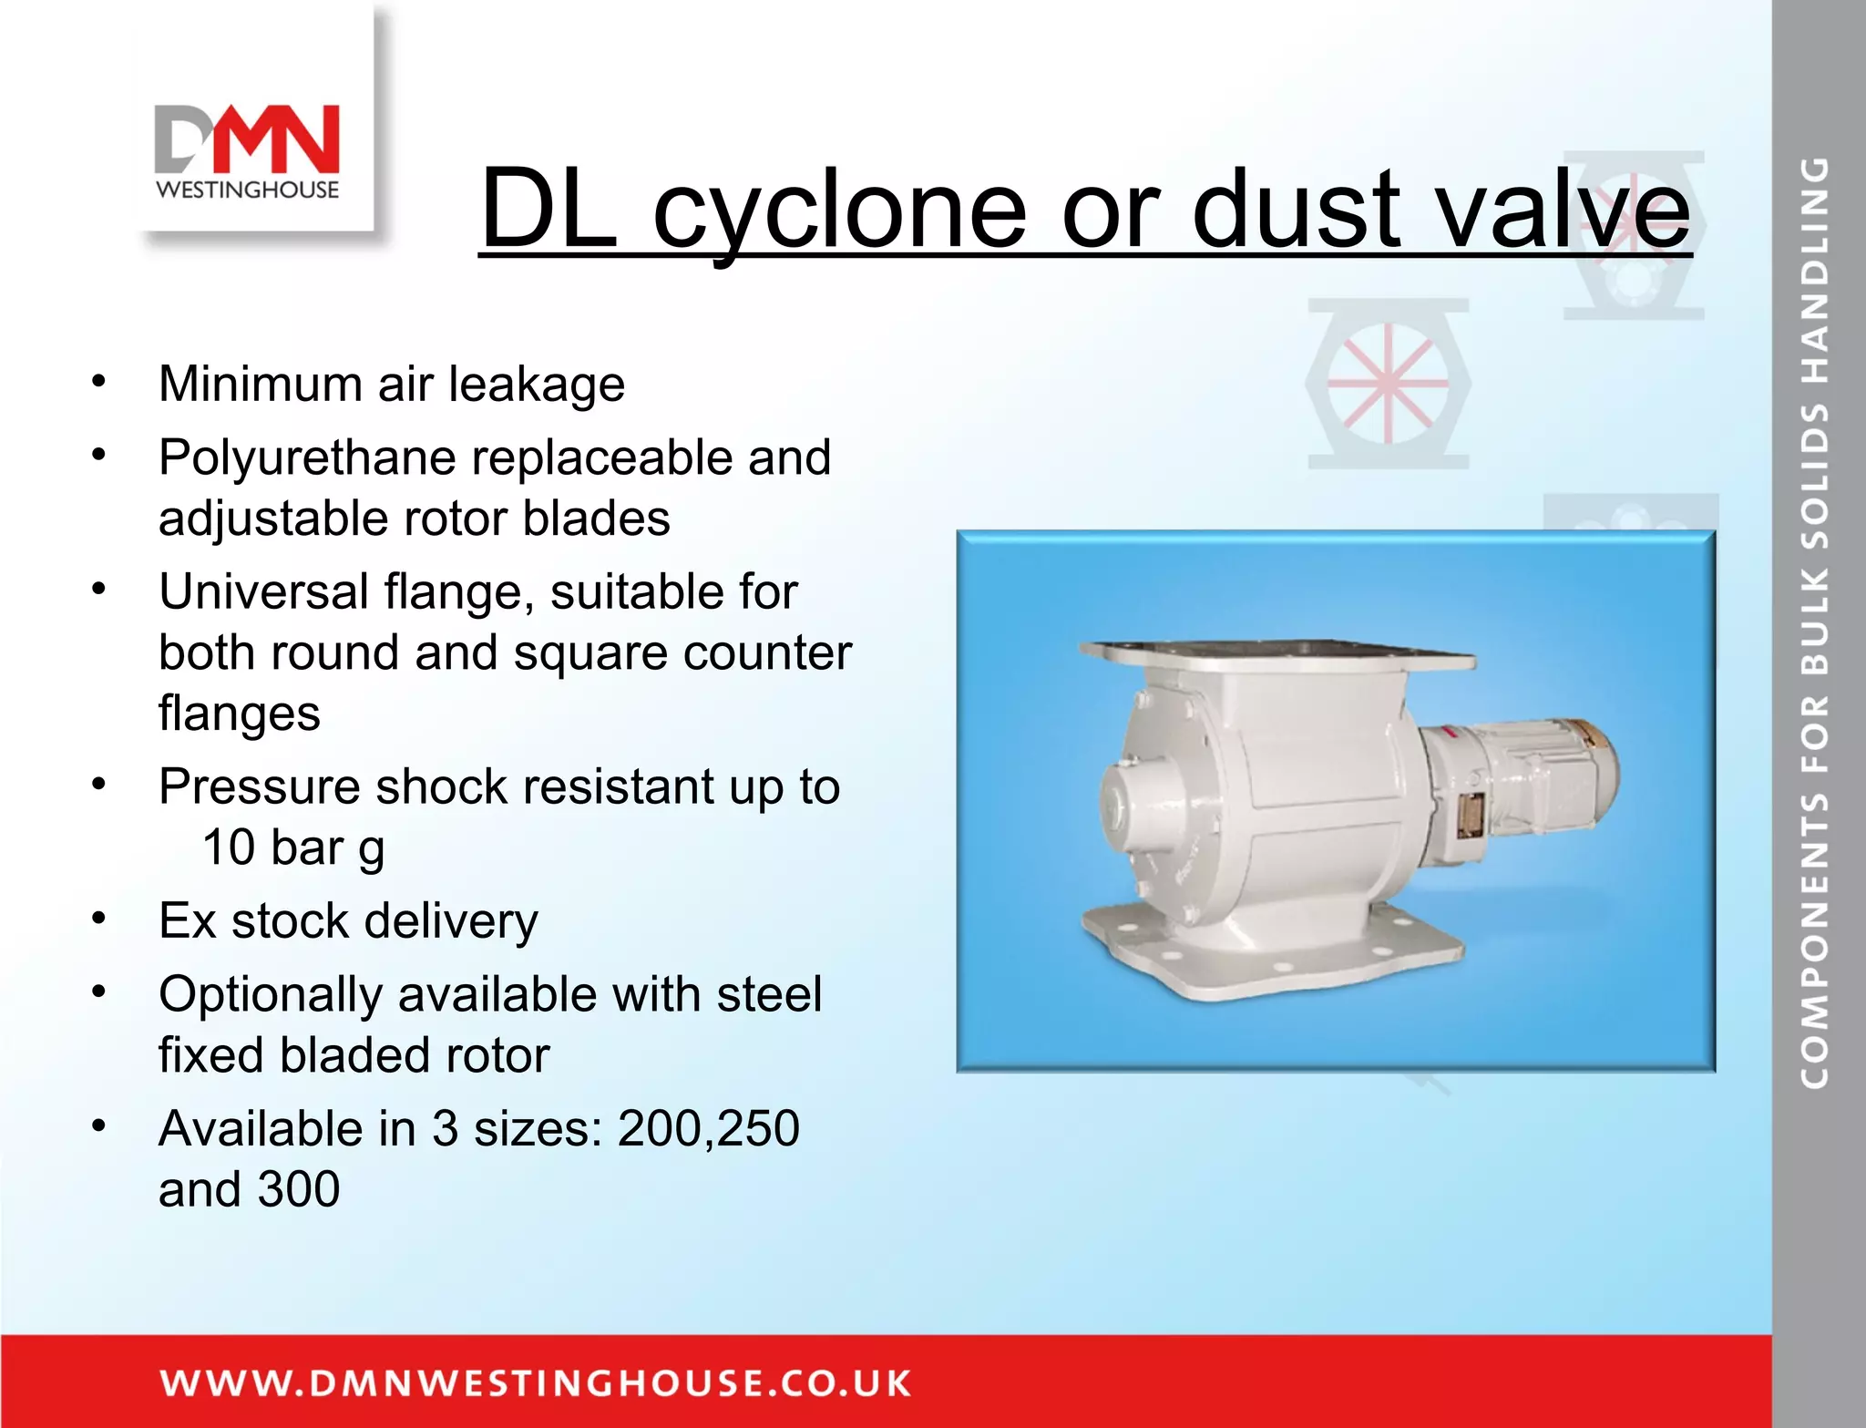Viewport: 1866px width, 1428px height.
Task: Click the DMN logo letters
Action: [x=247, y=139]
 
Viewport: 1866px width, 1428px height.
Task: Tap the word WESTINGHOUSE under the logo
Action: [x=247, y=190]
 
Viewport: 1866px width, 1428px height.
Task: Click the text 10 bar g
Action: [x=292, y=848]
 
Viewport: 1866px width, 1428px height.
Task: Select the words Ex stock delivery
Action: [x=348, y=920]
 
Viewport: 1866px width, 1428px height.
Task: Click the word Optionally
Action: [x=270, y=995]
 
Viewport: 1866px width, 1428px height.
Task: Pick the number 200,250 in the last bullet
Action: [x=708, y=1128]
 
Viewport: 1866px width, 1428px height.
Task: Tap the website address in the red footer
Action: [x=535, y=1382]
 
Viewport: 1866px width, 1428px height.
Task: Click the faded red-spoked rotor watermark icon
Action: [x=1388, y=383]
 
